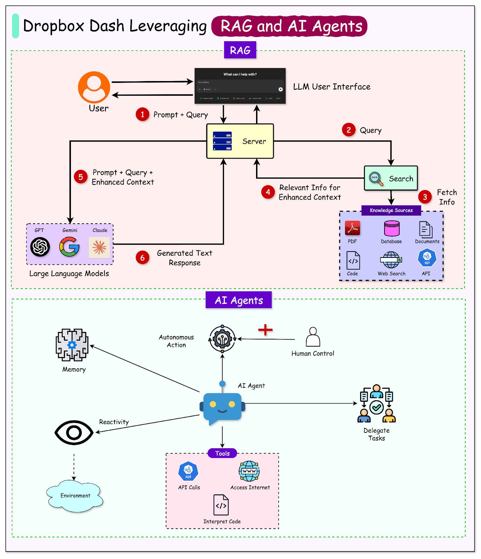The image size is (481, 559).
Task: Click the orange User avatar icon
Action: [x=94, y=87]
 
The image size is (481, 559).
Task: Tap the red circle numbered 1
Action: [x=143, y=114]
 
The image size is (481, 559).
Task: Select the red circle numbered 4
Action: [x=268, y=192]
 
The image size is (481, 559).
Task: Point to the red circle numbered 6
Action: [x=143, y=258]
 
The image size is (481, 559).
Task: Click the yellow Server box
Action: [x=240, y=141]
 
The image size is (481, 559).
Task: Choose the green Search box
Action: [x=391, y=178]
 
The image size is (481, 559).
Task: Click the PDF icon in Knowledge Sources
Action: [x=352, y=228]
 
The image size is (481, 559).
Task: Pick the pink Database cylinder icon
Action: [x=392, y=228]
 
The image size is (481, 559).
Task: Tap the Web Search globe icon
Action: [x=391, y=260]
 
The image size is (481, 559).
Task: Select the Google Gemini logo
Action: [x=70, y=247]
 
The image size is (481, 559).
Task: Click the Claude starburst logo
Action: [x=99, y=247]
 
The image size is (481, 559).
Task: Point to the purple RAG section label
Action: [x=240, y=50]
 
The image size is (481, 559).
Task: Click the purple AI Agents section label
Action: [x=239, y=300]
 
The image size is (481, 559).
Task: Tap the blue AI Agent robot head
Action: [x=223, y=407]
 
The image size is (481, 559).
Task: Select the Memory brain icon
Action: [x=72, y=345]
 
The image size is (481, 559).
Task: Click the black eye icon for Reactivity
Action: [x=74, y=433]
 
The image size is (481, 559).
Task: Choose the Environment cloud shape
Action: [x=75, y=496]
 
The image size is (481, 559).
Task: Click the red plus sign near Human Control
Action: [x=265, y=330]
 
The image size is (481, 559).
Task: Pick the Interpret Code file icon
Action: [x=221, y=505]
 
